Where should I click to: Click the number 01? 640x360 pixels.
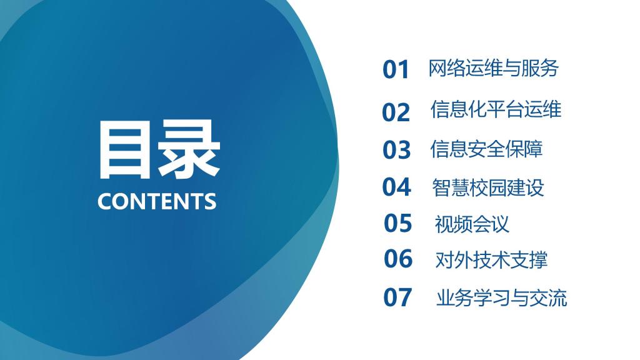[x=396, y=69]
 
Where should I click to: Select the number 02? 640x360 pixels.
[x=396, y=112]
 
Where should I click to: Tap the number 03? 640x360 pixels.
[x=396, y=149]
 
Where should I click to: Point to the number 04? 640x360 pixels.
[x=396, y=187]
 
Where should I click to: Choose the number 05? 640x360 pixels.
[x=397, y=223]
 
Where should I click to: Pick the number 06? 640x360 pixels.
[x=398, y=259]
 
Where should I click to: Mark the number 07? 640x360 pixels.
[x=397, y=297]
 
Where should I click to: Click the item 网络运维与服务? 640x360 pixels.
[x=493, y=68]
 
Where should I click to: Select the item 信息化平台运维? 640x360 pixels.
[x=496, y=109]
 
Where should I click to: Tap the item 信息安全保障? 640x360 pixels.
[x=486, y=149]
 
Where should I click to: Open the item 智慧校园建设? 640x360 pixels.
[x=488, y=187]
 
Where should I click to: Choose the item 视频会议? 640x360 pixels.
[x=472, y=224]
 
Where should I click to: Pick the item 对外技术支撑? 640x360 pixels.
[x=491, y=260]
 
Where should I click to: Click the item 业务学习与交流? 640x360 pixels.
[x=502, y=298]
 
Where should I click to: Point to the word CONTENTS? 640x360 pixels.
[x=157, y=201]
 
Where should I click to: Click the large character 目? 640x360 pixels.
[x=124, y=149]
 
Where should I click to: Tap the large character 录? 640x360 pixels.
[x=189, y=149]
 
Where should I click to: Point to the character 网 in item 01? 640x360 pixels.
[x=437, y=68]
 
